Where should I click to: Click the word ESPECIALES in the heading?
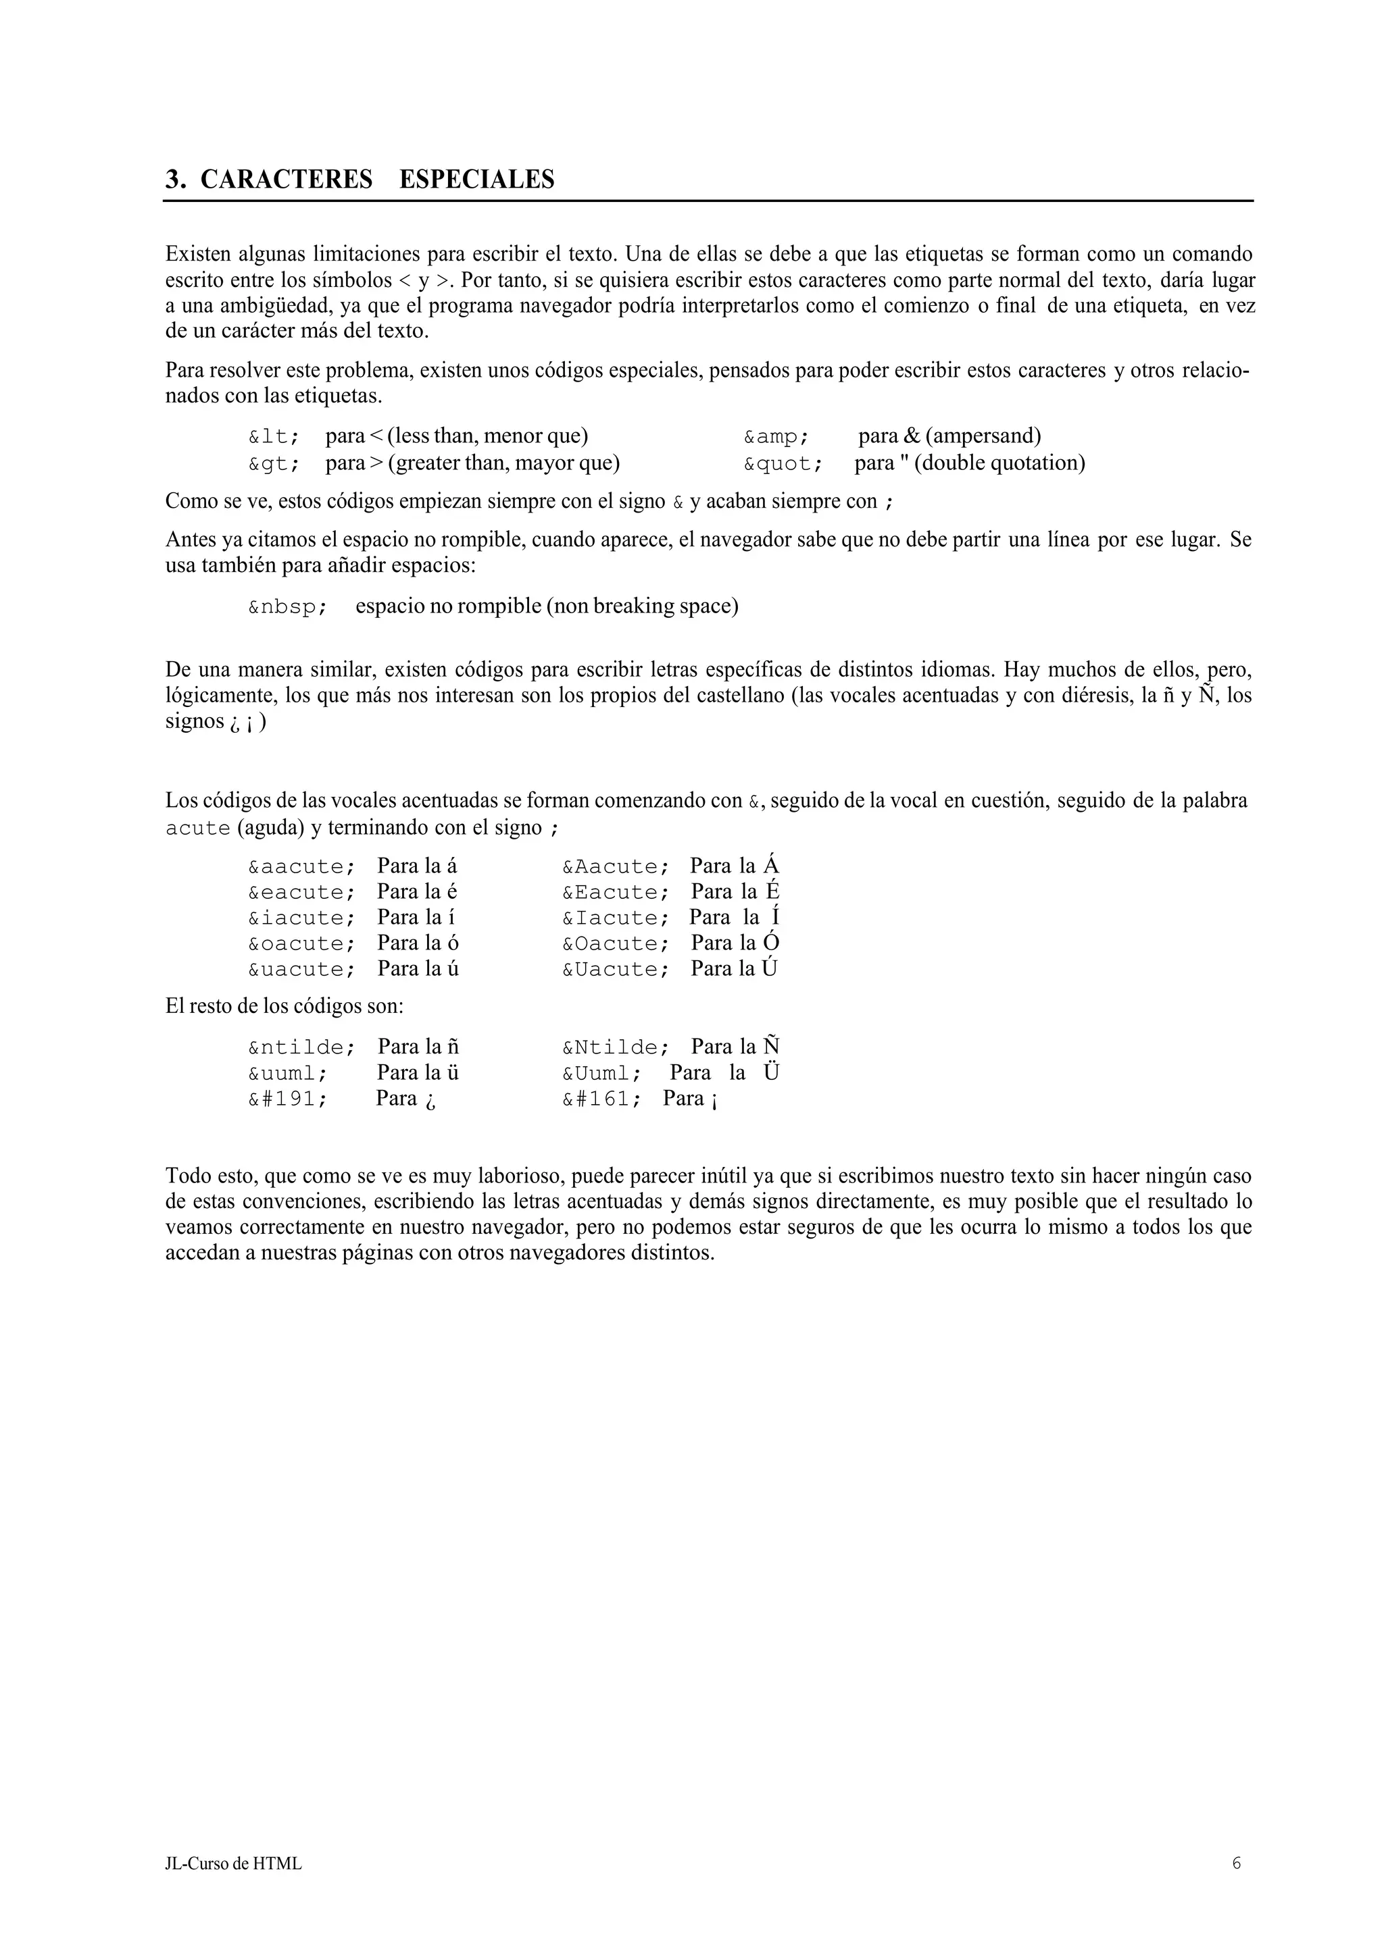[476, 180]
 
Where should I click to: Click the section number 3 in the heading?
[174, 180]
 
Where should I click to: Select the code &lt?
[274, 438]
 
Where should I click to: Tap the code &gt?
[274, 465]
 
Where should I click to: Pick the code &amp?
[776, 438]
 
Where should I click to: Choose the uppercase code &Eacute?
[615, 893]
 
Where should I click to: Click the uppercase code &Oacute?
[615, 945]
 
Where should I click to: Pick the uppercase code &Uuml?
[601, 1073]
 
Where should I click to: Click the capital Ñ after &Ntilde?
[772, 1046]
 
